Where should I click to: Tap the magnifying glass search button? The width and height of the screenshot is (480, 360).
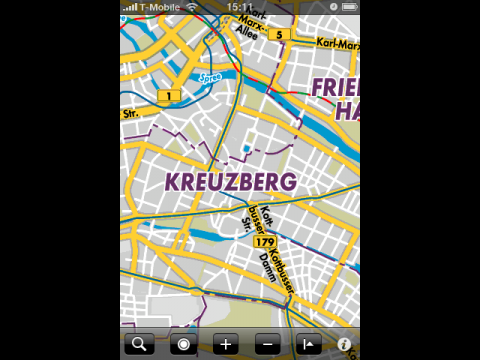pos(139,344)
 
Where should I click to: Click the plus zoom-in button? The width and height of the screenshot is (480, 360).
pos(226,344)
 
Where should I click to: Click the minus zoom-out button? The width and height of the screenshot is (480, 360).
pos(268,344)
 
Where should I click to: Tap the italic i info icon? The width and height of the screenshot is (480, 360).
pos(344,344)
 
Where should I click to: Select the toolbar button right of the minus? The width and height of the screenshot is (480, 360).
pos(307,344)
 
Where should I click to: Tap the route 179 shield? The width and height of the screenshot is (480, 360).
pos(264,242)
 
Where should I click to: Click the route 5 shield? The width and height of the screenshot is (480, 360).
pos(283,34)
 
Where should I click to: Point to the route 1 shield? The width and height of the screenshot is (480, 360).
pos(168,96)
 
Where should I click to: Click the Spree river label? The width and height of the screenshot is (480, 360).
pos(209,77)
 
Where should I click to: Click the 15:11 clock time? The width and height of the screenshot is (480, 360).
pos(239,6)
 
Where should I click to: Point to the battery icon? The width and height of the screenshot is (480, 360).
pos(349,6)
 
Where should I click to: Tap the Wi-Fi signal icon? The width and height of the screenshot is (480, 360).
pos(191,6)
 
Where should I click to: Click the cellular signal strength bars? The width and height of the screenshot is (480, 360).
pos(130,6)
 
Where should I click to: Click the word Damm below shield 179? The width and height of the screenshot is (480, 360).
pos(266,265)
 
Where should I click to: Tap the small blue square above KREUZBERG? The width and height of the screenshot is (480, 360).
pos(246,149)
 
